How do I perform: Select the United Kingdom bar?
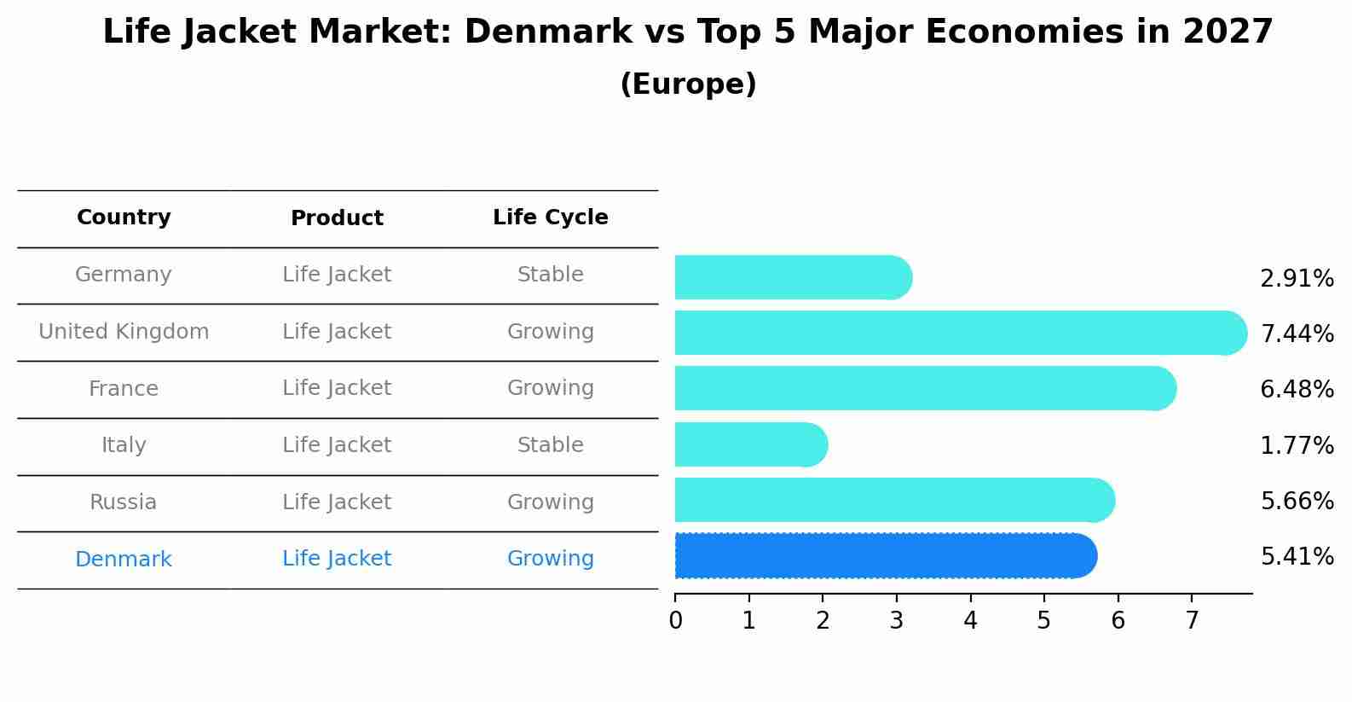960,333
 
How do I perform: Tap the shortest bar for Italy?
750,444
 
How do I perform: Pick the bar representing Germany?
793,277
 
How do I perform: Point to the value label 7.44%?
1297,334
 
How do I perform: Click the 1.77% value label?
1297,445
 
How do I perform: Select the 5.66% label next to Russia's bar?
1297,501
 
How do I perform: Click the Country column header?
124,218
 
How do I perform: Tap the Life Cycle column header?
550,218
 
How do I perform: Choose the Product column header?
337,218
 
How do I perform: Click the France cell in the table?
124,389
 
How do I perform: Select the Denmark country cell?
124,560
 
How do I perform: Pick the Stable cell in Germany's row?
550,275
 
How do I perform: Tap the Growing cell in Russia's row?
550,502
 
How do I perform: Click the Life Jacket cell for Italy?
337,445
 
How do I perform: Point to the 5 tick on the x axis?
1043,620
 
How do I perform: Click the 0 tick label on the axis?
675,620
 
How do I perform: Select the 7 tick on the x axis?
1192,620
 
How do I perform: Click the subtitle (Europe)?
688,84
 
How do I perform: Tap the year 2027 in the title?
1228,32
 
